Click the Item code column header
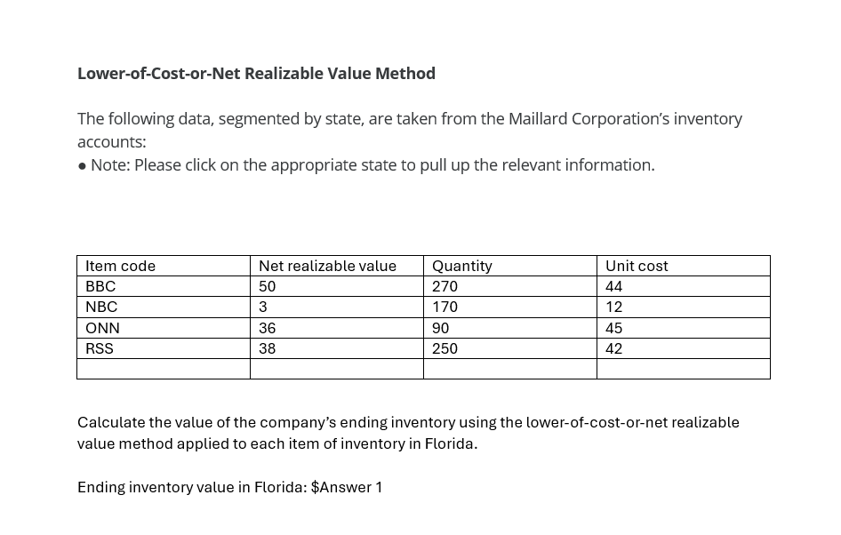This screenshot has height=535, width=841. tap(120, 266)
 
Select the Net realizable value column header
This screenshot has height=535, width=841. tap(327, 266)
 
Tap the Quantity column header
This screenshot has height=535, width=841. tap(461, 266)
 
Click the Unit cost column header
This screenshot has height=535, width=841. tap(637, 266)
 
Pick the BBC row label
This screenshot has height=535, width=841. tap(100, 286)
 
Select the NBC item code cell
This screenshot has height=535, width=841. tap(101, 307)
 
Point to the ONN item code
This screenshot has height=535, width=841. tap(102, 328)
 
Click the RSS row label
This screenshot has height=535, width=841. tap(100, 348)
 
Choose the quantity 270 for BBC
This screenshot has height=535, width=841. tap(445, 286)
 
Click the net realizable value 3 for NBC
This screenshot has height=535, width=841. tap(263, 307)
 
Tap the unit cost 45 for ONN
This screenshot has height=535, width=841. tap(613, 328)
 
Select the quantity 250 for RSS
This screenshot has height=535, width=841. tap(445, 348)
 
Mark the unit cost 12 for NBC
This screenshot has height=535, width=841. tap(613, 307)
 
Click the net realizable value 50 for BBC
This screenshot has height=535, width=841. tap(267, 286)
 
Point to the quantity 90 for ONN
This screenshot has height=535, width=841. tap(440, 328)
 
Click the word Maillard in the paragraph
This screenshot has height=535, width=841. tap(537, 119)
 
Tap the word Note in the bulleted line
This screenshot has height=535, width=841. tap(108, 165)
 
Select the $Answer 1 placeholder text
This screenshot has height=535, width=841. tap(347, 487)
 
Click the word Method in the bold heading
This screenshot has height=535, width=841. tap(404, 74)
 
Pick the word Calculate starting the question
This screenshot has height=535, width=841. tap(111, 422)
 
